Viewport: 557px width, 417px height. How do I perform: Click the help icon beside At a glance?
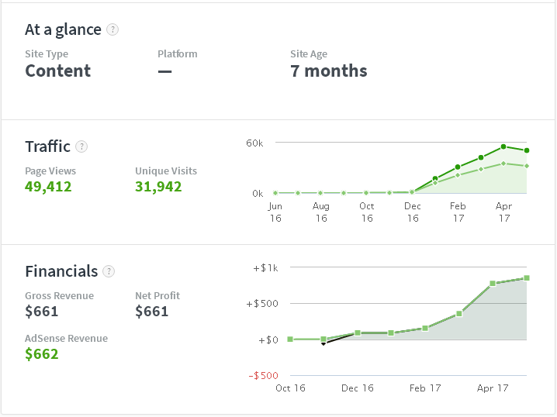click(113, 30)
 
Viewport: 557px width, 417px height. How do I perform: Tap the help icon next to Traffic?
click(82, 146)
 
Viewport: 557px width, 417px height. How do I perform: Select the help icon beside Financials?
click(109, 271)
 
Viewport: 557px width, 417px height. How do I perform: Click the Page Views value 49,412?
click(48, 186)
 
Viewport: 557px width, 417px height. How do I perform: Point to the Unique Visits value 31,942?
click(158, 186)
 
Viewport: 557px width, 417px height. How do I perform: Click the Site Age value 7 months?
click(329, 71)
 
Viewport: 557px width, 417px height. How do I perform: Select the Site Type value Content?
click(58, 71)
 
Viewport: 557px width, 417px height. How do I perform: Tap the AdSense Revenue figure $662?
click(42, 354)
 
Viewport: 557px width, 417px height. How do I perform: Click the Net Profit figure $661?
click(152, 312)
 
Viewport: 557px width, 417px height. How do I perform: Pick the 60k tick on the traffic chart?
click(254, 143)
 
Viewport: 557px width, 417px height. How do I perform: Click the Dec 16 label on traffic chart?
click(413, 212)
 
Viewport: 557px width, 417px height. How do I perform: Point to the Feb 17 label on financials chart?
click(425, 388)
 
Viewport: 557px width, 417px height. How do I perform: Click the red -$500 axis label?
click(265, 376)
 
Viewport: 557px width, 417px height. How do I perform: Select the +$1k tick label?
click(265, 268)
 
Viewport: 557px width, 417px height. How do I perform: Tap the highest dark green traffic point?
click(504, 146)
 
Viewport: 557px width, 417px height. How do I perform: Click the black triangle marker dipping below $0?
click(323, 343)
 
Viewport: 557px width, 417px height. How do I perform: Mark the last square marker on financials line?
click(526, 277)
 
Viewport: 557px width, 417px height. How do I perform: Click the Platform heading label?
click(178, 54)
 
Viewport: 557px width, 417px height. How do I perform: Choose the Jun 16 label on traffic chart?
click(275, 212)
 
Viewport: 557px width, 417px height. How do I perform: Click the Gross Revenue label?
click(59, 295)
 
